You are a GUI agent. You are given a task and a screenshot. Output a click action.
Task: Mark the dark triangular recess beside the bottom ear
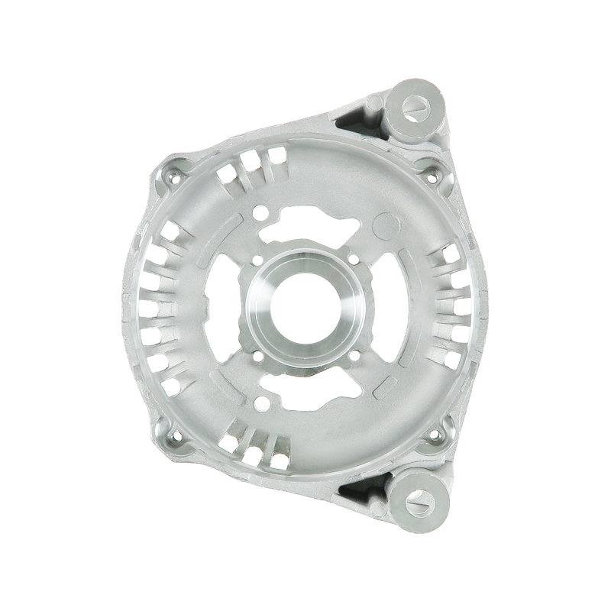364,489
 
